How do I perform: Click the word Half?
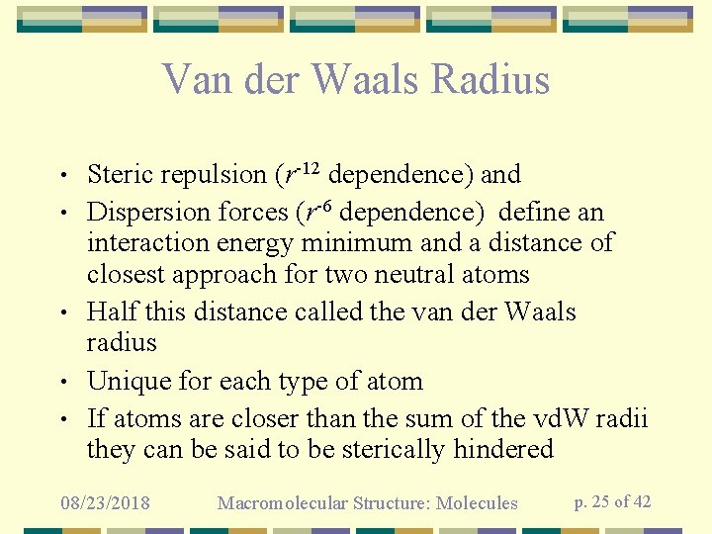pos(112,312)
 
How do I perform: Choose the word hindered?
pos(503,450)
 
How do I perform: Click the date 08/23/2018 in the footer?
pos(105,503)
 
